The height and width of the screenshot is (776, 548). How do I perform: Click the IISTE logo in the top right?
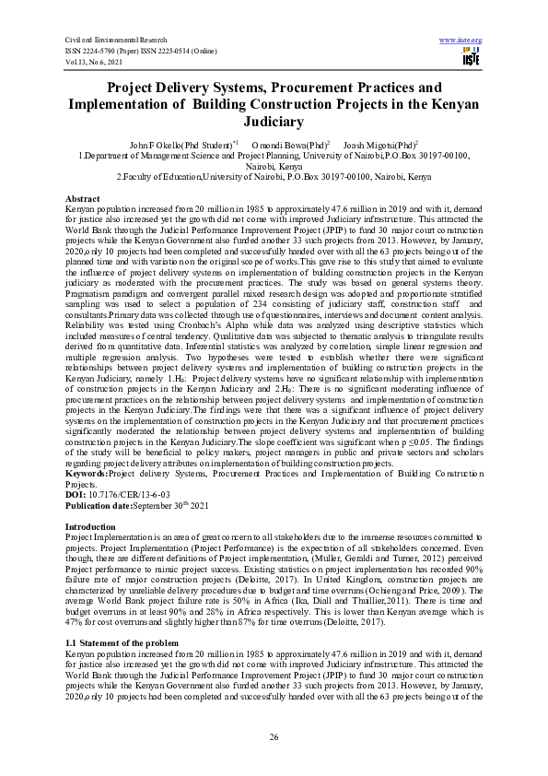coord(468,57)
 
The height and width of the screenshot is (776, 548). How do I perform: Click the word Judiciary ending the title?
coord(274,120)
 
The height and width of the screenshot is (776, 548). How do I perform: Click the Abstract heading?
coord(83,199)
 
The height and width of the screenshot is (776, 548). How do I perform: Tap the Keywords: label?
coord(87,474)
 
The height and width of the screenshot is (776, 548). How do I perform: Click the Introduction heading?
coord(90,525)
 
